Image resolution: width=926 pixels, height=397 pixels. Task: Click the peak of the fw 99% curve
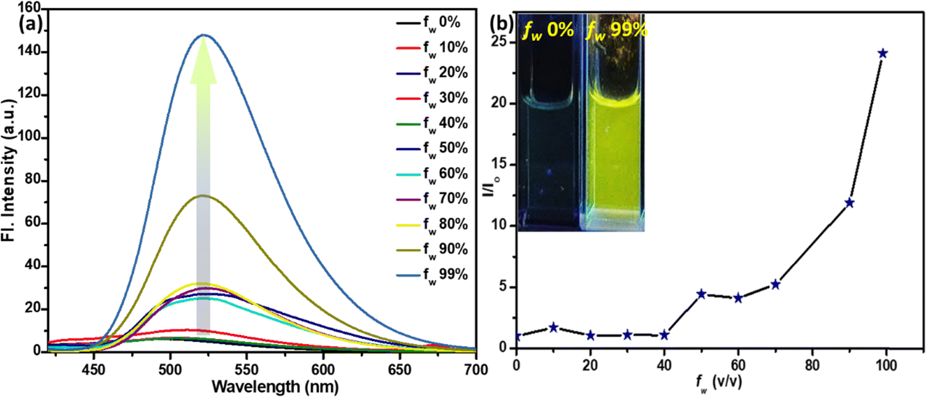(203, 35)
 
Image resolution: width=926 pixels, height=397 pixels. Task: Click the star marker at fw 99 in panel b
(882, 54)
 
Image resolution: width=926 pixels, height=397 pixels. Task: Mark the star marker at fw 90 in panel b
(849, 203)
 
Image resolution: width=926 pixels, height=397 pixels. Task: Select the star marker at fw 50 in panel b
(701, 294)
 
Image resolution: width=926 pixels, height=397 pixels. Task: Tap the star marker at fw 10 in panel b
(553, 328)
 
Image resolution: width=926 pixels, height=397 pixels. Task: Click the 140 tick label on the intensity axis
(29, 52)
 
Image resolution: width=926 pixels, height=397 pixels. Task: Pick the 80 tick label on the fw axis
(812, 366)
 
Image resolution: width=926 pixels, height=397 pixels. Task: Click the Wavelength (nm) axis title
(275, 386)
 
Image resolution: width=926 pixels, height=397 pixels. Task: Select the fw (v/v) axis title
(718, 382)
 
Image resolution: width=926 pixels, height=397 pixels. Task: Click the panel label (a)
(30, 24)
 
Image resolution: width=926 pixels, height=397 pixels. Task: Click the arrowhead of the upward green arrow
(203, 58)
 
